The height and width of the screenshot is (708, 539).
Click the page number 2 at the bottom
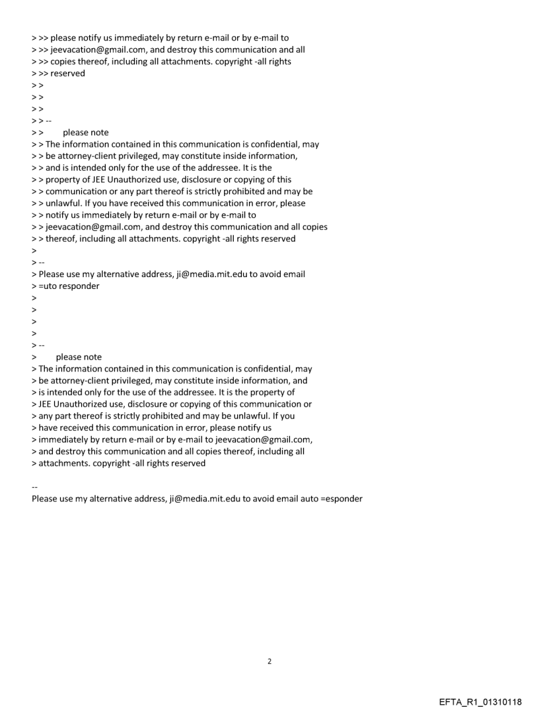(269, 660)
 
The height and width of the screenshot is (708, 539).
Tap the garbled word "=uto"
(50, 286)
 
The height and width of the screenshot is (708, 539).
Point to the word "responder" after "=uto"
(80, 286)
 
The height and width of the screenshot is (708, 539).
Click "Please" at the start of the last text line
(46, 498)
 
